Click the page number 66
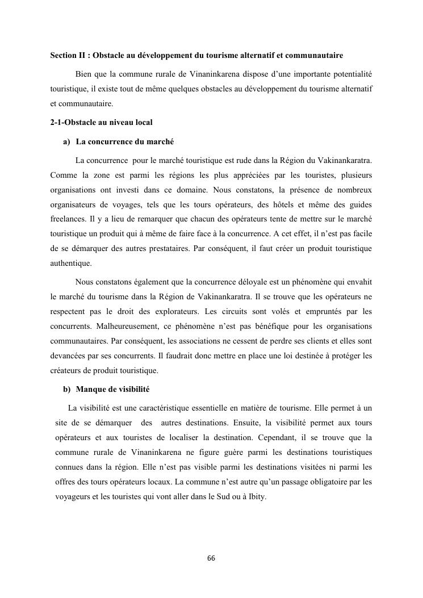[x=211, y=558]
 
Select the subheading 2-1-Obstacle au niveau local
[x=101, y=122]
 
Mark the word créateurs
[x=67, y=370]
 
